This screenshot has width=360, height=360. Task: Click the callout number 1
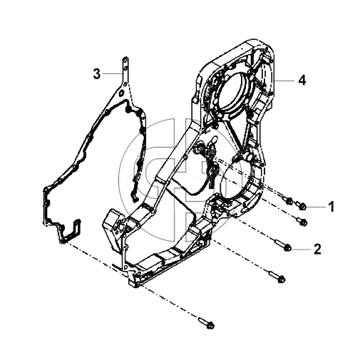pos(331,207)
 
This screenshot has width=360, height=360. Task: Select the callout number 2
pos(317,249)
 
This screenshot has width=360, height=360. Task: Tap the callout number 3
pos(97,74)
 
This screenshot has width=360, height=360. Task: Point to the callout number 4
pos(302,80)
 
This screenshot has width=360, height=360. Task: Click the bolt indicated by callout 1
pos(301,205)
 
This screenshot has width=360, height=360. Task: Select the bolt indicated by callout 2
pos(282,245)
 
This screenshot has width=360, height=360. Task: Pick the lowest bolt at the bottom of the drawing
pos(207,323)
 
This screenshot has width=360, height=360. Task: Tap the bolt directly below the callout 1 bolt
pos(302,221)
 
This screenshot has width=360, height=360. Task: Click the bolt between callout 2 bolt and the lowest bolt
pos(277,277)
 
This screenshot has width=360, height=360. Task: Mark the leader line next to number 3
pos(112,74)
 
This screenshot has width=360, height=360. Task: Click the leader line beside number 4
pos(284,81)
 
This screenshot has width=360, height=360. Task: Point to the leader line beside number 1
pos(317,207)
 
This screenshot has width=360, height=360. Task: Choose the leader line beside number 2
pos(301,249)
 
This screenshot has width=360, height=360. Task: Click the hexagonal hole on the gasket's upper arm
pos(121,93)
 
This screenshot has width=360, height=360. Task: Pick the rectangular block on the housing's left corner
pos(112,228)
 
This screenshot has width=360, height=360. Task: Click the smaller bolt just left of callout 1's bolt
pos(289,201)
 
